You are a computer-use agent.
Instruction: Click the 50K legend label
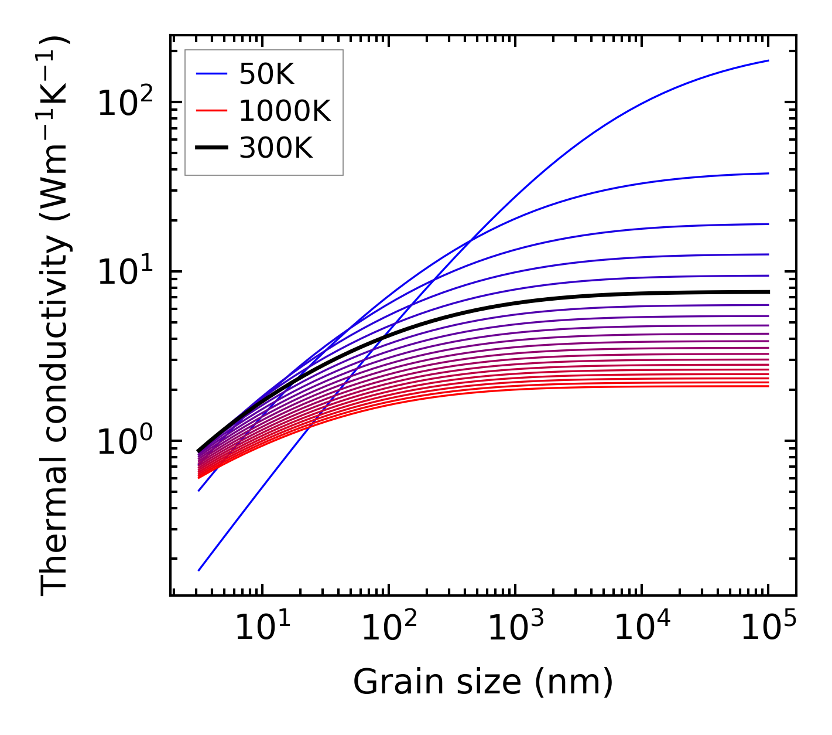point(266,74)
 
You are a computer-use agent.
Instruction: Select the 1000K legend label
point(285,111)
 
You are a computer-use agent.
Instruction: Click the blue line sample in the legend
point(211,74)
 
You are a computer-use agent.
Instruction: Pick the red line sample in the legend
point(211,111)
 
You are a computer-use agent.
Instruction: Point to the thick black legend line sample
point(211,148)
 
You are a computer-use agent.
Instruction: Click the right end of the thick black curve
point(768,291)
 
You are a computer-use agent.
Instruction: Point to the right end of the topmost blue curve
point(768,60)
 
